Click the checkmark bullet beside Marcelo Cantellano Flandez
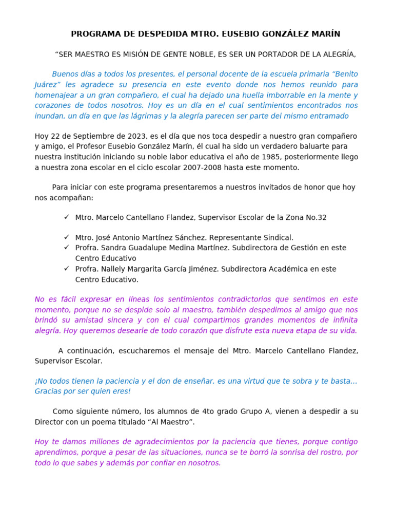point(67,217)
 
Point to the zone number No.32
point(314,218)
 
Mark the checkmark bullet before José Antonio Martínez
point(67,237)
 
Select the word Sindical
point(277,238)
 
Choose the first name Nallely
point(116,269)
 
